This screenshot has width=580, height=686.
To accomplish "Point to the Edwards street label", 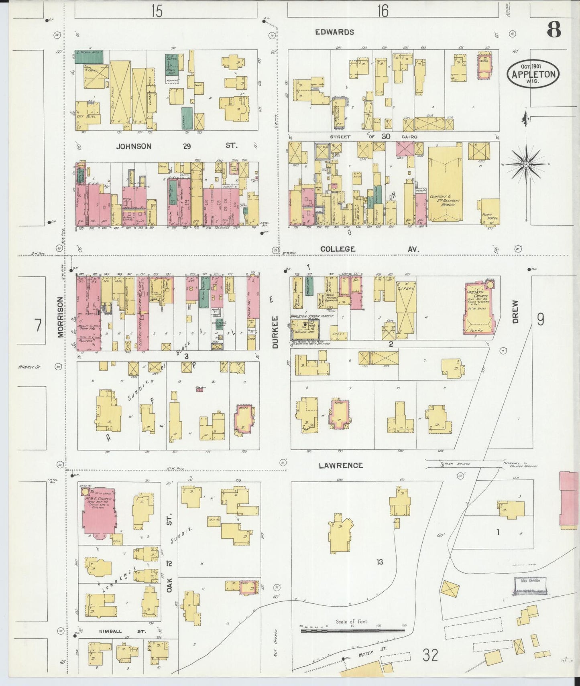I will coord(334,32).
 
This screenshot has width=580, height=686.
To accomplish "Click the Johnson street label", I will coord(134,146).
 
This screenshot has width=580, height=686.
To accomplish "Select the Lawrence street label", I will coord(341,465).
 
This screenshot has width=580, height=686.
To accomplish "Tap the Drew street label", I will coord(515,312).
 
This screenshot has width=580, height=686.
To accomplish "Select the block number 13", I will coord(379,562).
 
